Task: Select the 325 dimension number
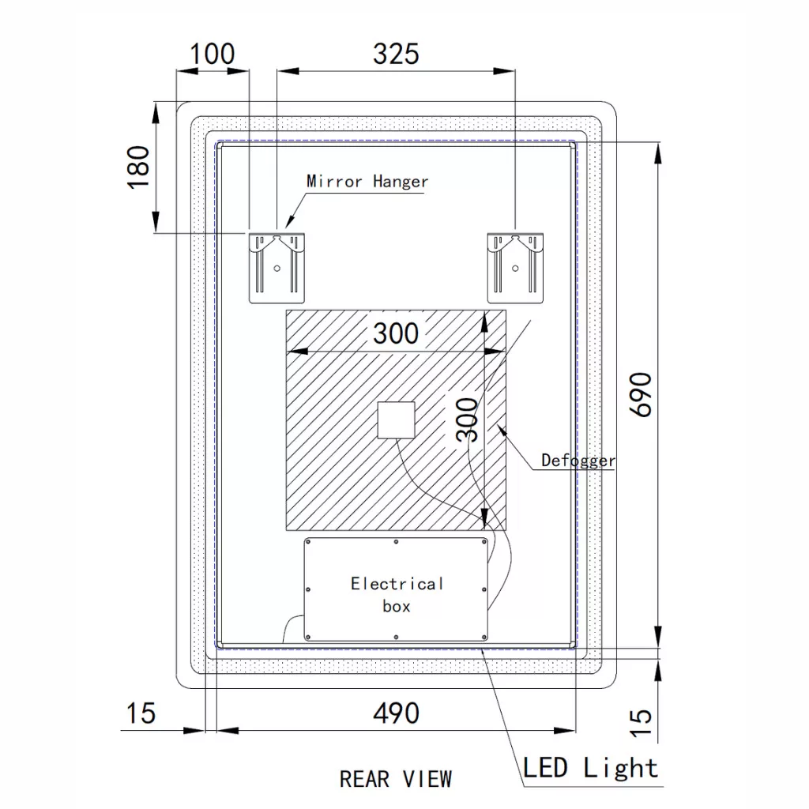point(396,55)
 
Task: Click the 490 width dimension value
point(396,713)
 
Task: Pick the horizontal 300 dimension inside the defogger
point(396,333)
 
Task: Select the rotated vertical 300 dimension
point(468,420)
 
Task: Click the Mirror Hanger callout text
point(367,182)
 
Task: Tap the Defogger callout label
point(578,460)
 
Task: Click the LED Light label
point(590,767)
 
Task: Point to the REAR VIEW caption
point(396,779)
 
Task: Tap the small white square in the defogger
point(396,420)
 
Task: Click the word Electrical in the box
point(397,584)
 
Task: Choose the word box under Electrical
point(397,607)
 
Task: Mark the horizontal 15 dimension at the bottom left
point(141,713)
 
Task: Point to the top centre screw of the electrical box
point(396,542)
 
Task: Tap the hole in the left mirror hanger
point(277,268)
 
